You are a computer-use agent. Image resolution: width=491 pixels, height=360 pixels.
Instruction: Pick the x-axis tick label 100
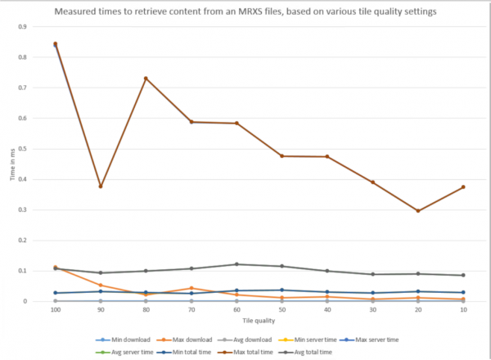55,310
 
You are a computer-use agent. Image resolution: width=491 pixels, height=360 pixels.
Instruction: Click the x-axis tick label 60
236,310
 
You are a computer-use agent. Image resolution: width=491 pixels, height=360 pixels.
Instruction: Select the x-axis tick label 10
463,310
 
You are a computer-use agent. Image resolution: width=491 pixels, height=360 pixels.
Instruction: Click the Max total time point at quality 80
146,79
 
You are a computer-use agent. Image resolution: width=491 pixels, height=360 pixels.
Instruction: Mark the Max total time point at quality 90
101,187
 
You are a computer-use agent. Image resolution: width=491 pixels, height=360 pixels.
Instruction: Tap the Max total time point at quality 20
418,211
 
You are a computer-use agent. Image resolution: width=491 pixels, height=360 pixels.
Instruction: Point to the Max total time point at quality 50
282,155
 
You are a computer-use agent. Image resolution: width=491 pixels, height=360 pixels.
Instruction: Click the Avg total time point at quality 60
236,264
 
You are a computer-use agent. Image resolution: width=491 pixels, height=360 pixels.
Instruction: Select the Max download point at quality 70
191,288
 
